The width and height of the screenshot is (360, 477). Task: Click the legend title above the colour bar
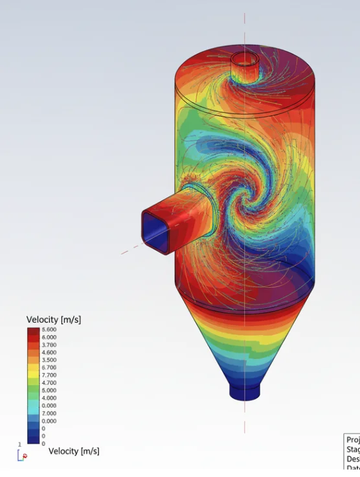53,320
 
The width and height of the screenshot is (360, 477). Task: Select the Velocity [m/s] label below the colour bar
74,451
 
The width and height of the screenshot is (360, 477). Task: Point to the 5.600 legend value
49,330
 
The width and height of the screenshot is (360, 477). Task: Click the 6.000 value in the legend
49,338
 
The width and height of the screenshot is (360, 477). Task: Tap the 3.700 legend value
49,345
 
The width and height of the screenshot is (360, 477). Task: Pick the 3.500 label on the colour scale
49,360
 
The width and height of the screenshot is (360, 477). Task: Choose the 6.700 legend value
49,367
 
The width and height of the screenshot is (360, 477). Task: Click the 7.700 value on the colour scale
49,375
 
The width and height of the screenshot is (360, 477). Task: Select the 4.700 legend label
49,383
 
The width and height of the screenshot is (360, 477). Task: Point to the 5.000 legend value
49,390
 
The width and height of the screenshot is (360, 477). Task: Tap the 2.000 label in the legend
49,413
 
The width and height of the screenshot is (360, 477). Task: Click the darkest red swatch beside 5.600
33,331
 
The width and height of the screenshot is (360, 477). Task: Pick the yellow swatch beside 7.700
33,375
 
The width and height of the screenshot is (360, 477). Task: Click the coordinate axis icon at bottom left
22,454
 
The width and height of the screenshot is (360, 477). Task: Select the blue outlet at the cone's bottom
245,393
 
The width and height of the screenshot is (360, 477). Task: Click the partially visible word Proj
352,439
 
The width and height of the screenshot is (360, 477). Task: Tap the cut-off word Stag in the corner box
352,449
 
